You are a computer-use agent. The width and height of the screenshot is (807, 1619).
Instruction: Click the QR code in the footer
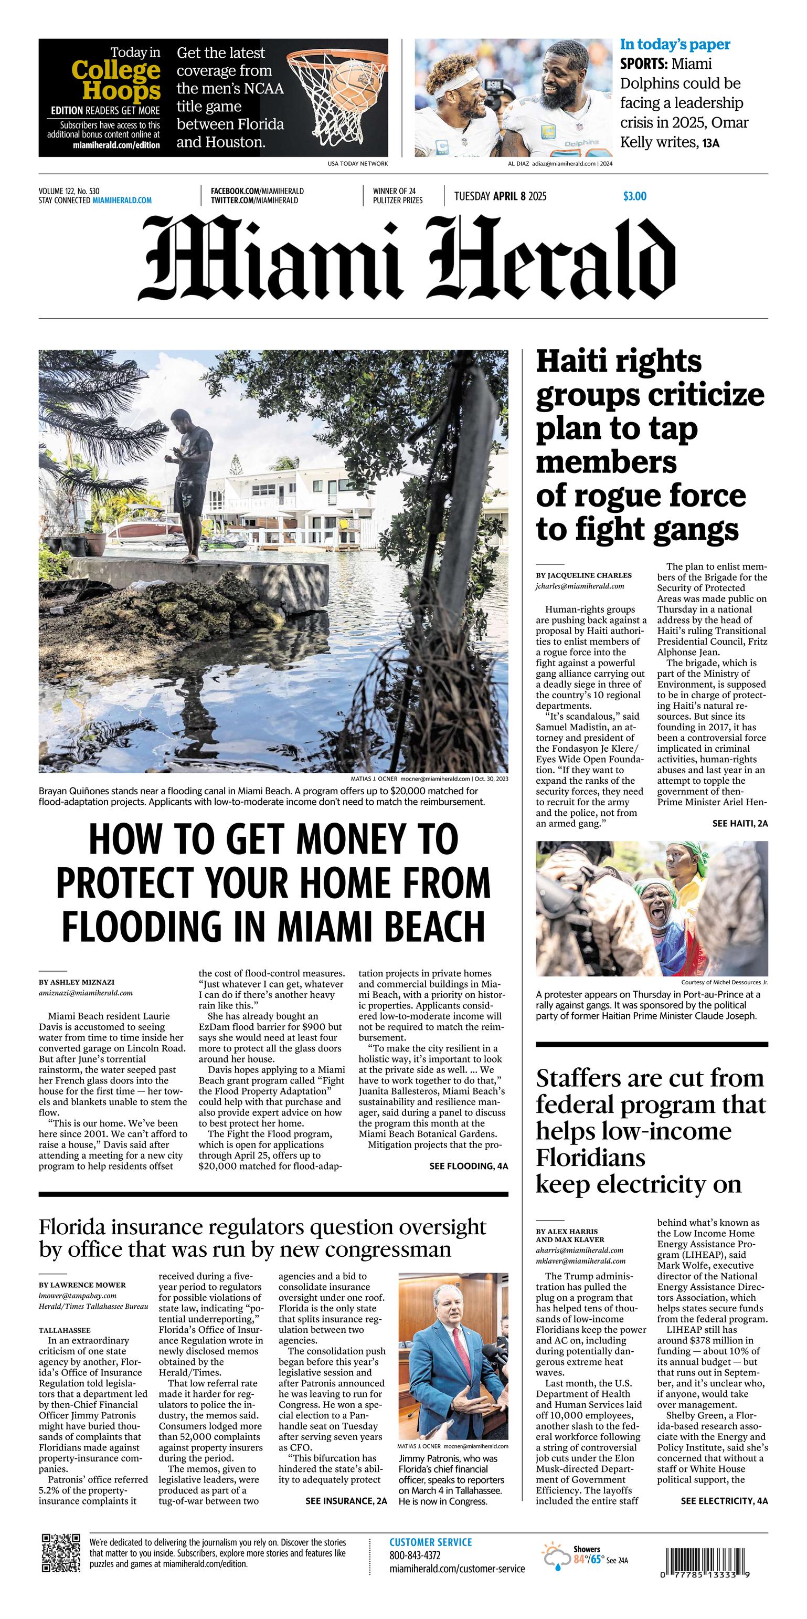[61, 1552]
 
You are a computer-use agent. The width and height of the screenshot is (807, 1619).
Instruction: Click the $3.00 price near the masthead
[634, 196]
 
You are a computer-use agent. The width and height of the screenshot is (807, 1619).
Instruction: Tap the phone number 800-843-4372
[415, 1555]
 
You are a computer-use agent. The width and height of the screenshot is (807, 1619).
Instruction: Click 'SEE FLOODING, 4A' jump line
[469, 1166]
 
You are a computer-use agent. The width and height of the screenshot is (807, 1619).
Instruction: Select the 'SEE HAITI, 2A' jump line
[740, 823]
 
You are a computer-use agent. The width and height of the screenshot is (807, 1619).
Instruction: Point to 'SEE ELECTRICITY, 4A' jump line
[724, 1501]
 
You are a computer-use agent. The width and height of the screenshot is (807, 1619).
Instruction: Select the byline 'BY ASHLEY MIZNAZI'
[77, 982]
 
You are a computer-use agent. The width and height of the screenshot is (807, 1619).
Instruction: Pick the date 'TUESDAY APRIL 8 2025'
[500, 196]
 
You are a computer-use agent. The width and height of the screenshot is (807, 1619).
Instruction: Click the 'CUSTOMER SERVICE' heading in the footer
[430, 1542]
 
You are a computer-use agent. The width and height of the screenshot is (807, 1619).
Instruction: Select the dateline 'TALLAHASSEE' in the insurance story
[65, 1330]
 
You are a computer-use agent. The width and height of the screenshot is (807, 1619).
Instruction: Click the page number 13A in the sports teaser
[711, 143]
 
